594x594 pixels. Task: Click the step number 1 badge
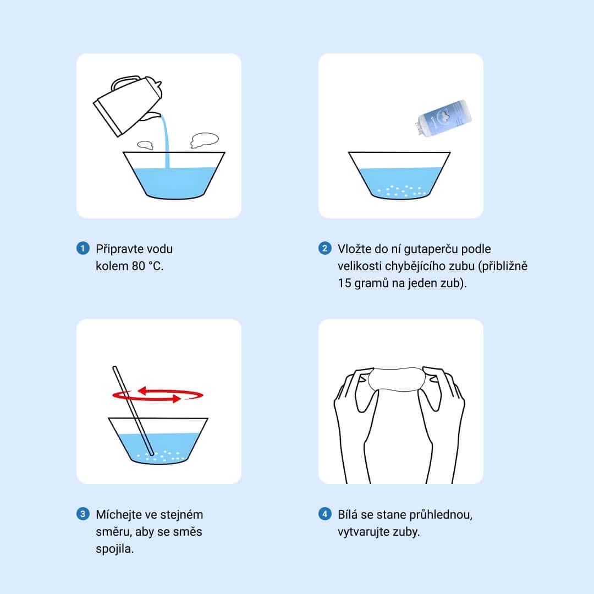83,249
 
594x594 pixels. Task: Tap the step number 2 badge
324,249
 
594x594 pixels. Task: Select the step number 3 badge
83,514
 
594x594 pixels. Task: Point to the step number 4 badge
324,514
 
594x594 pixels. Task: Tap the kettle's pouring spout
152,116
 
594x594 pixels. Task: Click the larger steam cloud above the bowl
205,139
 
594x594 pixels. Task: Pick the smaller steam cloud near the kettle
145,145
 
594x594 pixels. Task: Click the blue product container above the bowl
443,118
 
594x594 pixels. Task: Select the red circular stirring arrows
158,394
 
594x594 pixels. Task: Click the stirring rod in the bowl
133,411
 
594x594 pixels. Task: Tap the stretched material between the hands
396,379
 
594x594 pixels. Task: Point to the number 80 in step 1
138,266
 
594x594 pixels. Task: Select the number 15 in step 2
344,283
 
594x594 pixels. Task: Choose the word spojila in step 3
114,549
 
